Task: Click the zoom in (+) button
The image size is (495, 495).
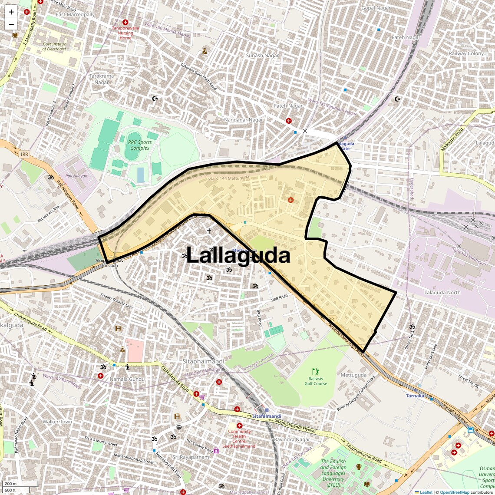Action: pyautogui.click(x=11, y=12)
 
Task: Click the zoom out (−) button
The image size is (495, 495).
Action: pyautogui.click(x=11, y=24)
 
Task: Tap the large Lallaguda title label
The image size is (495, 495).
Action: pyautogui.click(x=238, y=255)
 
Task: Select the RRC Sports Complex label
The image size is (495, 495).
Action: pyautogui.click(x=140, y=145)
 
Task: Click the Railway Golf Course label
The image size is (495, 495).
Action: pyautogui.click(x=316, y=381)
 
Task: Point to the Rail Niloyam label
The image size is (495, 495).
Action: pyautogui.click(x=77, y=176)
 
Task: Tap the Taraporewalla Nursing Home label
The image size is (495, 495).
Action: pyautogui.click(x=125, y=33)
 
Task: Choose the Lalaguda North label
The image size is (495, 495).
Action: pyautogui.click(x=442, y=293)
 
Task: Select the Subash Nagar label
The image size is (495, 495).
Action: pyautogui.click(x=263, y=56)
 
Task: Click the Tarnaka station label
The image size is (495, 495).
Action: pyautogui.click(x=415, y=396)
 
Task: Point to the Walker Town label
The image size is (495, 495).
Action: pyautogui.click(x=57, y=422)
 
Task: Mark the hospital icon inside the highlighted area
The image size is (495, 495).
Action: pyautogui.click(x=291, y=200)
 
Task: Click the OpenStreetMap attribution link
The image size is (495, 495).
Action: pyautogui.click(x=454, y=492)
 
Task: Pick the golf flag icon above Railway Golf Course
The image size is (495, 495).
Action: pyautogui.click(x=316, y=372)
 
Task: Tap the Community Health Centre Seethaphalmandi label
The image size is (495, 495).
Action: pyautogui.click(x=239, y=439)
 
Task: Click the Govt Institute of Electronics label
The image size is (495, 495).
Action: pyautogui.click(x=54, y=46)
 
